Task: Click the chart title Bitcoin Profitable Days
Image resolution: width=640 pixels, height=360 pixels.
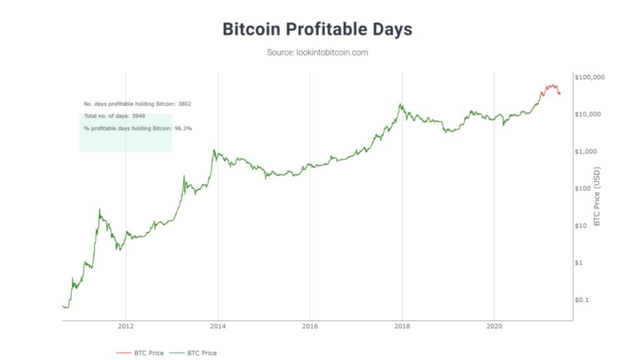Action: pyautogui.click(x=317, y=29)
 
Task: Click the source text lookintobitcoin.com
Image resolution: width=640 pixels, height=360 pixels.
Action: pyautogui.click(x=317, y=52)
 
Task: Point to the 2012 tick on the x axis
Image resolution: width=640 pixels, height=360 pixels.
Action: pyautogui.click(x=126, y=326)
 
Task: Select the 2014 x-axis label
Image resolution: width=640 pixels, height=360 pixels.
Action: pyautogui.click(x=217, y=326)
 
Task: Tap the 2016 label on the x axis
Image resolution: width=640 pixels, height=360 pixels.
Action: pyautogui.click(x=310, y=326)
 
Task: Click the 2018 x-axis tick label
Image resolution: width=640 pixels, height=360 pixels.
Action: pyautogui.click(x=402, y=326)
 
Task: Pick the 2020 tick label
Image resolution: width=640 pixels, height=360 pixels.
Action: pyautogui.click(x=494, y=326)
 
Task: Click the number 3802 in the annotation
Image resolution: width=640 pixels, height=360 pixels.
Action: pyautogui.click(x=184, y=103)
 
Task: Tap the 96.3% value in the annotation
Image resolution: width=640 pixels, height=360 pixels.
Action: pyautogui.click(x=183, y=128)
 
